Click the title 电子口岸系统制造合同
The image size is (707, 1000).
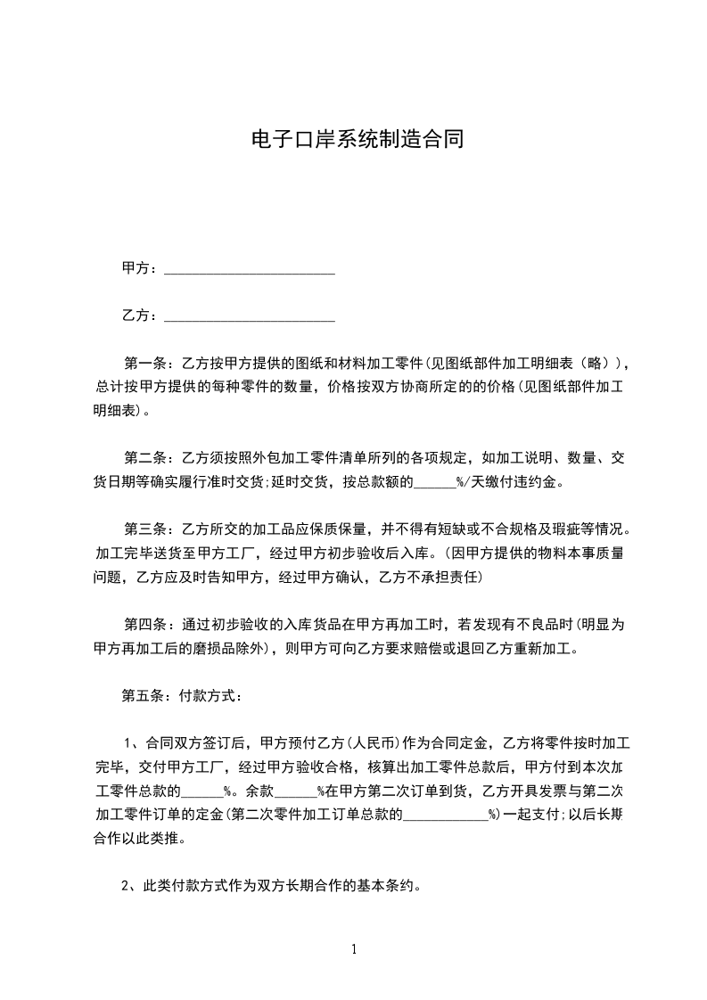[354, 140]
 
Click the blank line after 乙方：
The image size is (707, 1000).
[251, 316]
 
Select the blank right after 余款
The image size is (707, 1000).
[296, 791]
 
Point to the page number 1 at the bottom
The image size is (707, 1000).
[354, 950]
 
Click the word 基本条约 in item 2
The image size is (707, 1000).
[385, 887]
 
